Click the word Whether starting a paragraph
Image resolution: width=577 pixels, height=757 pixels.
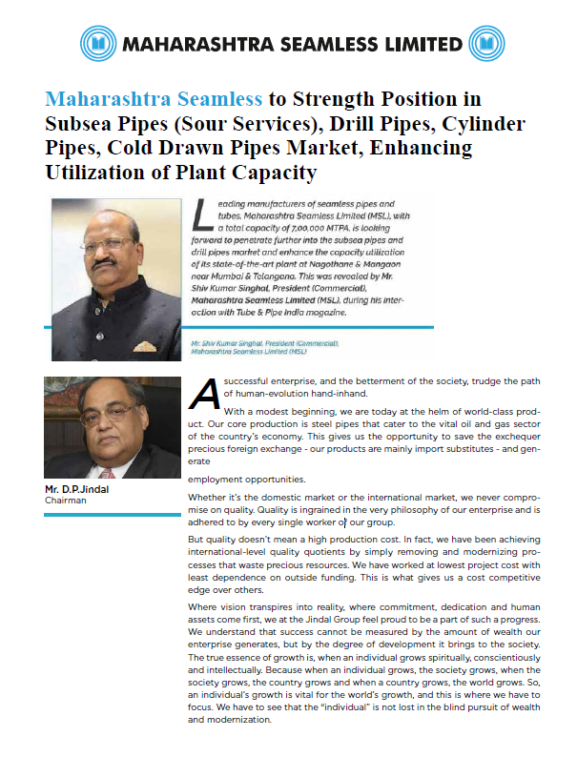coord(212,499)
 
